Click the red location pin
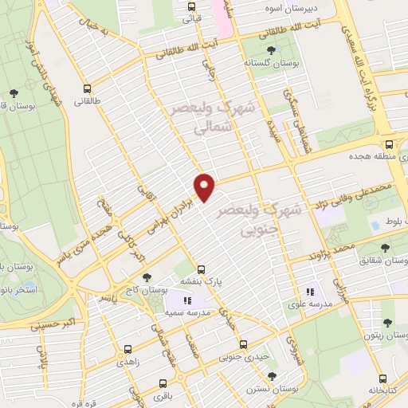click(206, 186)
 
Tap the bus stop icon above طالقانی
click(87, 88)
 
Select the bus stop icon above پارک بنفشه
click(202, 269)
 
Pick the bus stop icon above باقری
click(165, 382)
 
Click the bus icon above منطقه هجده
click(389, 145)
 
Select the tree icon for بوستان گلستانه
click(272, 49)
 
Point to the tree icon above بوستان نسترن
click(272, 375)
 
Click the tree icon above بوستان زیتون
click(388, 323)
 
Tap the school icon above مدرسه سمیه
click(187, 300)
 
